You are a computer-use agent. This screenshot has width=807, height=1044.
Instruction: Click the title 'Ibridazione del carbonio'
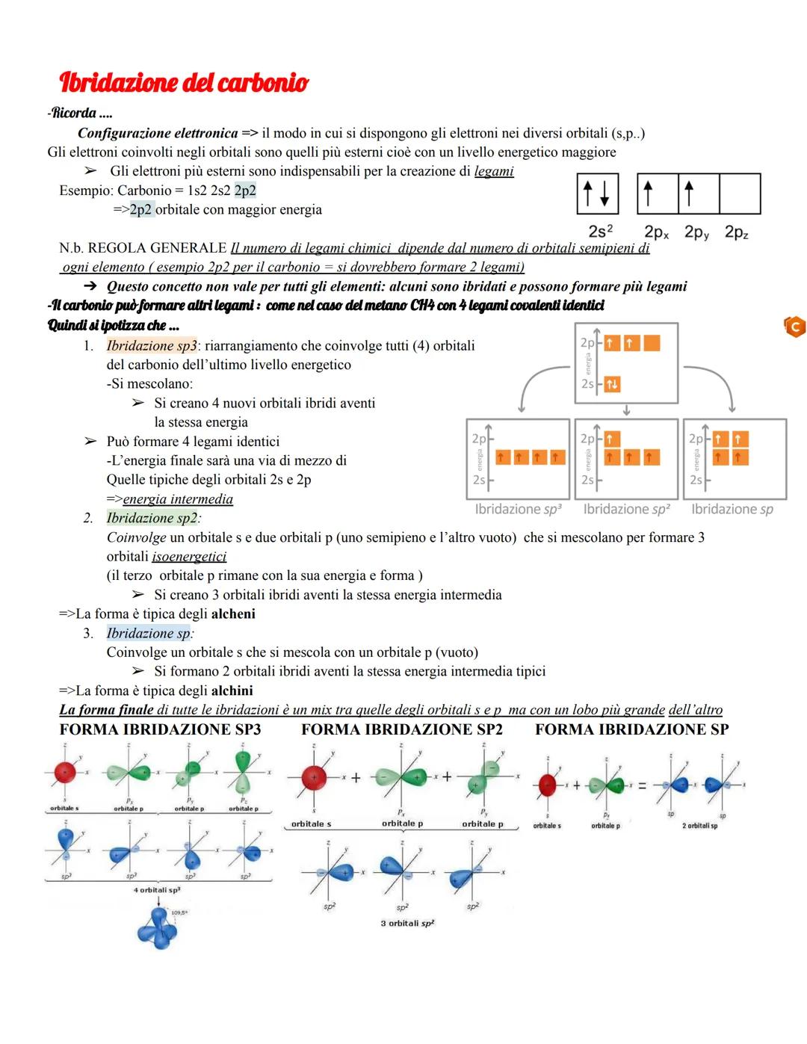point(183,81)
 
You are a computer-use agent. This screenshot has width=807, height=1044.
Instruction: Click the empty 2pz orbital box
point(739,194)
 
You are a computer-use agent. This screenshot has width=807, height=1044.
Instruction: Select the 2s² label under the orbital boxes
point(601,232)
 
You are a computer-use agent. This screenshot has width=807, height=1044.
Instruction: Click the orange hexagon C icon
point(794,327)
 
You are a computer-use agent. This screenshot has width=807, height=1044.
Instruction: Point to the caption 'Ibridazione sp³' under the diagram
point(518,510)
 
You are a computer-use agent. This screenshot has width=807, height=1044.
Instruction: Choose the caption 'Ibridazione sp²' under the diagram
point(626,510)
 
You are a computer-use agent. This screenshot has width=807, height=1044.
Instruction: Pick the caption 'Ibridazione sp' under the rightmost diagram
point(732,510)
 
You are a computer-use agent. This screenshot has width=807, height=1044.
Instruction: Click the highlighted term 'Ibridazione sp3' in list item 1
point(152,346)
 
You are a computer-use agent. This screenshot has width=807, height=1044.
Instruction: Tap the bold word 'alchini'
point(232,691)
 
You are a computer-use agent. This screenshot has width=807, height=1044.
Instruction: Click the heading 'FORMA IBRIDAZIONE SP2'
point(402,729)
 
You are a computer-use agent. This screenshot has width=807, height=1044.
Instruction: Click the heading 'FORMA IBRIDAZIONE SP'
point(632,729)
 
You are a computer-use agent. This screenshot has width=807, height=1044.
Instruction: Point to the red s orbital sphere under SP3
point(65,770)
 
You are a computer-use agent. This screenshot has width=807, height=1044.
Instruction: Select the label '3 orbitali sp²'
point(407,924)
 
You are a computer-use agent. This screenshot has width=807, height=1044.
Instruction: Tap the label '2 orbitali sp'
point(699,827)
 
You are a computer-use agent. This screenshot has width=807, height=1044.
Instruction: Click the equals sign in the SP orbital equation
point(641,785)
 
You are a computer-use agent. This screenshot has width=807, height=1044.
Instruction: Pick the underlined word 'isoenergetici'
point(189,557)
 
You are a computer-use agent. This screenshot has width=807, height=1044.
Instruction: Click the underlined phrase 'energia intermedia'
point(178,499)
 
